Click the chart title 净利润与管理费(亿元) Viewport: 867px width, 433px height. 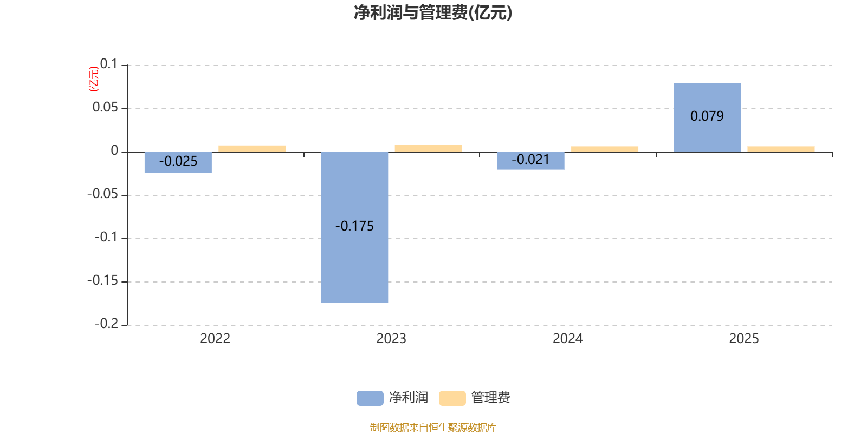pos(433,12)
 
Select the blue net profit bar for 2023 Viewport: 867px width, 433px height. pos(354,260)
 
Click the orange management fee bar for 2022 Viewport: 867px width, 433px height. pos(252,148)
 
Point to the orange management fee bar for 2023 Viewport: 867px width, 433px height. pos(428,148)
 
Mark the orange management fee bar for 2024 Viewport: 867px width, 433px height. pos(605,149)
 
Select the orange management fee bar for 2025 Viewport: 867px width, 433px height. pos(781,149)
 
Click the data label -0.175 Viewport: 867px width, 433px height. pos(354,226)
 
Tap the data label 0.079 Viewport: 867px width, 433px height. pos(707,116)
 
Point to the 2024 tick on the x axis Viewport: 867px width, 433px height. pos(567,339)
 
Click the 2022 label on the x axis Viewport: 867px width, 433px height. pos(215,339)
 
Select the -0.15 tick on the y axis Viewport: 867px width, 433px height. pos(102,281)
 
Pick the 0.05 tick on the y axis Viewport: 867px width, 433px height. pos(105,108)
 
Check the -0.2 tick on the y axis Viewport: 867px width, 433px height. pos(106,324)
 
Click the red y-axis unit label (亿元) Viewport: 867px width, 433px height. pos(94,79)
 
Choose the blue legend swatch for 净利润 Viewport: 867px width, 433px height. pos(370,398)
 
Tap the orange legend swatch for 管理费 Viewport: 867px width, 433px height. pos(452,398)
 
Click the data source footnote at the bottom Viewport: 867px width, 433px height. pos(433,428)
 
